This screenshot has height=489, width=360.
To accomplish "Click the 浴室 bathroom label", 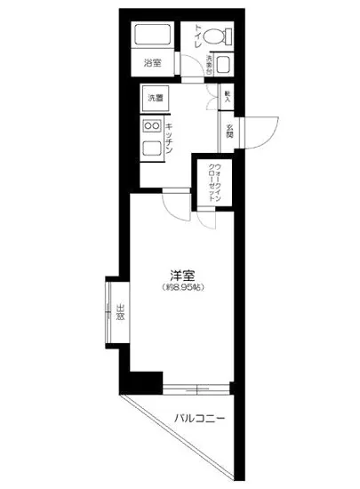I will coord(153,62).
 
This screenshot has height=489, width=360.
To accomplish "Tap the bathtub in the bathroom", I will coord(153,36).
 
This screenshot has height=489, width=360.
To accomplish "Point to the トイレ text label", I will coord(198,36).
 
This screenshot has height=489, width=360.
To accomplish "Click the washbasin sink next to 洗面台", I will coord(223,65).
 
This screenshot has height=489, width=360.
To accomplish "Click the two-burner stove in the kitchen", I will coord(151,126).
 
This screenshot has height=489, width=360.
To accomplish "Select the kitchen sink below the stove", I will coord(151,149).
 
